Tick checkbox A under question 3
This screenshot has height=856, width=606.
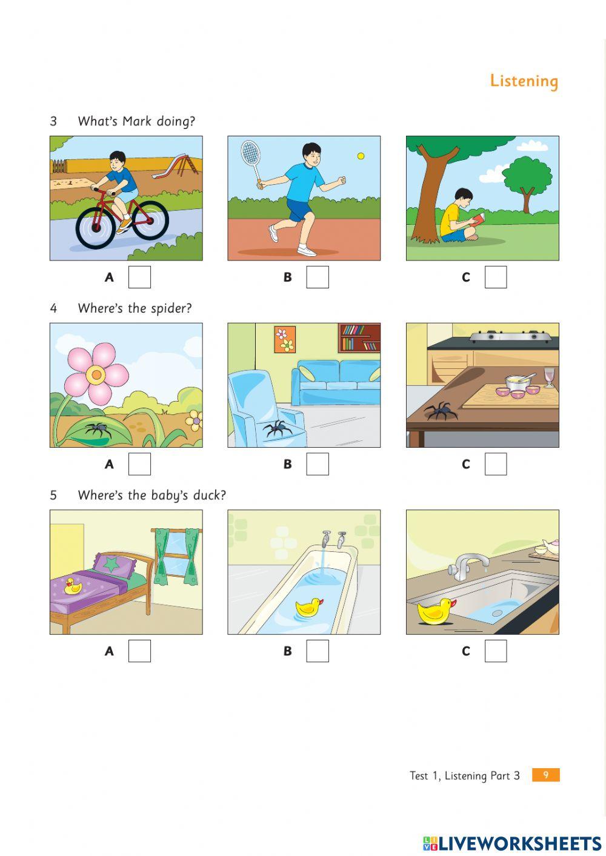[139, 277]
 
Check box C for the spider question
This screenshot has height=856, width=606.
[496, 464]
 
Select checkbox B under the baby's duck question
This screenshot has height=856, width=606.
[318, 651]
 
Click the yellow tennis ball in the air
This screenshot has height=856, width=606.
[361, 156]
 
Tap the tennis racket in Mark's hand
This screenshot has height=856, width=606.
[250, 154]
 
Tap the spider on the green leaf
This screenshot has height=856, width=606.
[97, 429]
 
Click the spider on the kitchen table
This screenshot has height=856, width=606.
[442, 411]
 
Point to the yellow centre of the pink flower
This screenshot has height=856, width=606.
[96, 375]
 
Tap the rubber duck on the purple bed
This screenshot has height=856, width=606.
[73, 586]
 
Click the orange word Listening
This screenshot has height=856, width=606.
[524, 81]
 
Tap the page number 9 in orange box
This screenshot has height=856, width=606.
[545, 775]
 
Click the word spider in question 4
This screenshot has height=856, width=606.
[171, 308]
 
